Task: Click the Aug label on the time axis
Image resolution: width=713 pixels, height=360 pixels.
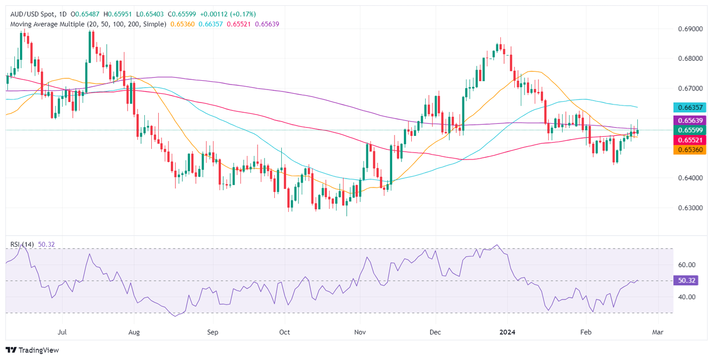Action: pos(134,332)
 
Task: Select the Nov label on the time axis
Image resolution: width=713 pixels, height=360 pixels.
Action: pos(360,332)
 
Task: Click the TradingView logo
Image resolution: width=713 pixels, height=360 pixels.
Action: pos(32,350)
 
